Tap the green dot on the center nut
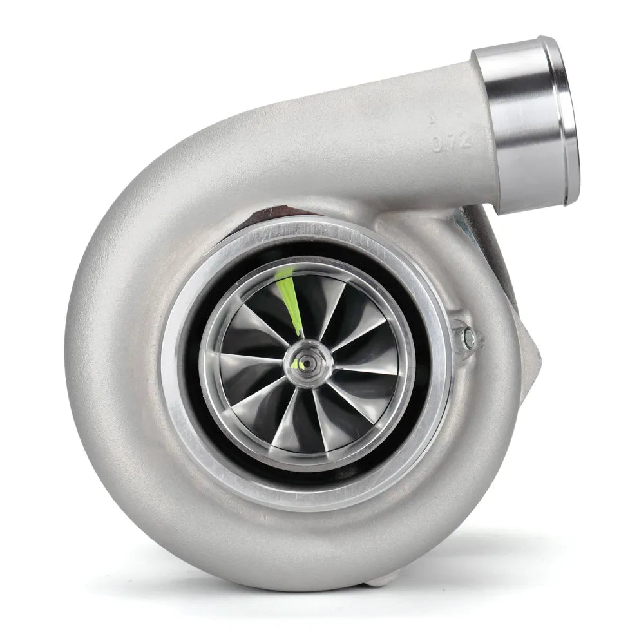point(296,365)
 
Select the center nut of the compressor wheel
point(304,361)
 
